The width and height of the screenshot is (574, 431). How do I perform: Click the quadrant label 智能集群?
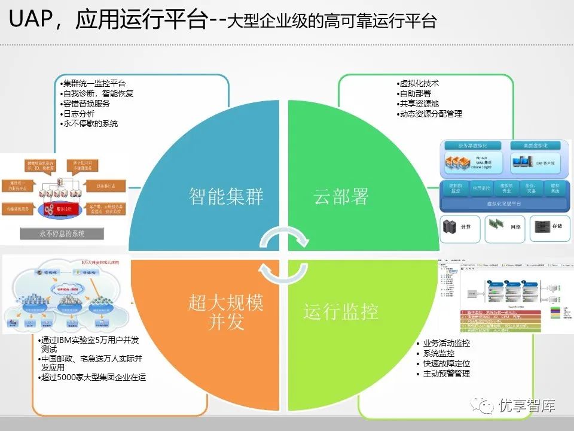[x=226, y=197]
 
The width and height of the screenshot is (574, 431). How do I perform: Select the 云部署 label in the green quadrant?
[x=341, y=197]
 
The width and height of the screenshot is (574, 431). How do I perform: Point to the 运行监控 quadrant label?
[x=341, y=312]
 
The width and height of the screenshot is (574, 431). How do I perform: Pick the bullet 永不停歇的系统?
[x=90, y=123]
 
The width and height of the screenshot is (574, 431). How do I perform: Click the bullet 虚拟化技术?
[x=419, y=84]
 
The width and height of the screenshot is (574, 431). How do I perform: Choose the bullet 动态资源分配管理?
[x=430, y=114]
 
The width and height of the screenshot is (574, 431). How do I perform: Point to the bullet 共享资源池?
[x=419, y=104]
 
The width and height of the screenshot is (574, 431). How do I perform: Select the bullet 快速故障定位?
[x=446, y=363]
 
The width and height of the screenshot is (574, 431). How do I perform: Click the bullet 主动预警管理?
[x=446, y=374]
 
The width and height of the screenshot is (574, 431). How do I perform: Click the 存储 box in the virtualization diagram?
[x=546, y=227]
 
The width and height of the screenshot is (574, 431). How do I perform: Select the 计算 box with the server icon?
[x=460, y=227]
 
